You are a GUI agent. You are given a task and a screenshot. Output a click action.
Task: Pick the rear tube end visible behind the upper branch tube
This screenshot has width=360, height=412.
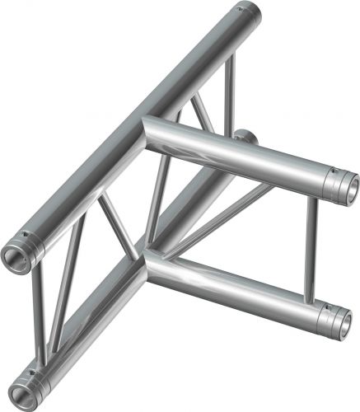tap(245, 135)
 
